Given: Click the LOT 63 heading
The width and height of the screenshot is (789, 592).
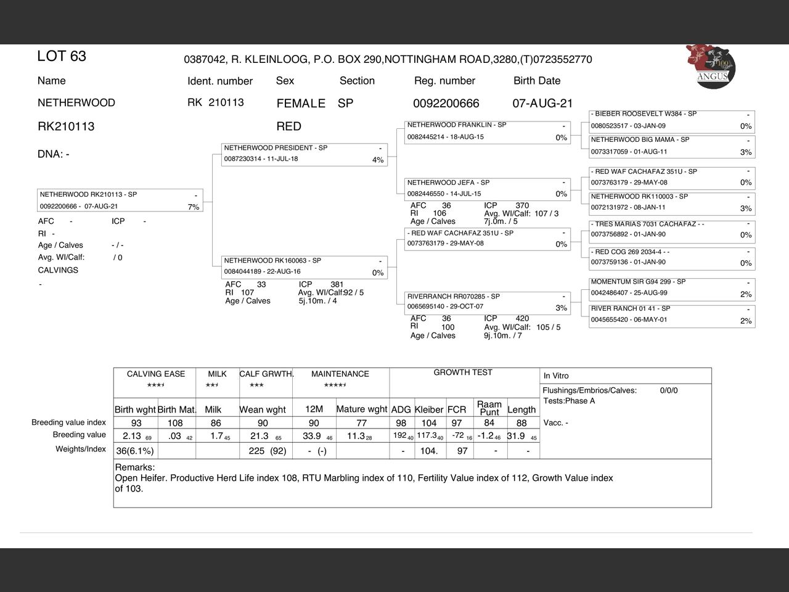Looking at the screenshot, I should [62, 56].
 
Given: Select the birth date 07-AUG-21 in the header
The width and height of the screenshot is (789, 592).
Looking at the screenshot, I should [542, 104].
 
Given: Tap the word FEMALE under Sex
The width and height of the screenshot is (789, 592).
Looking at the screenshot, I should [301, 104].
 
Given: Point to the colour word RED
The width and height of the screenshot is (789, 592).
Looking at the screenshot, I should [288, 126].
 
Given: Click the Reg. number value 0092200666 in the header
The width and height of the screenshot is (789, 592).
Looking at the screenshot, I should [446, 104].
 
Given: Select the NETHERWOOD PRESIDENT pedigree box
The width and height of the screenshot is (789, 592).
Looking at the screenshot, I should [305, 154].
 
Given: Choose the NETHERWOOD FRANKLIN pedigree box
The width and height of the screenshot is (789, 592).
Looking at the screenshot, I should [487, 131].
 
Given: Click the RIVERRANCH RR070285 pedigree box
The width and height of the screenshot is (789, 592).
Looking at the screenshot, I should [487, 302].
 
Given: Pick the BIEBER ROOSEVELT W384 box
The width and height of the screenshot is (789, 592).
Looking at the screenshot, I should [672, 120].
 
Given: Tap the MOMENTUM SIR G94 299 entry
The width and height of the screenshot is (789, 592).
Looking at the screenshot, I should [672, 287].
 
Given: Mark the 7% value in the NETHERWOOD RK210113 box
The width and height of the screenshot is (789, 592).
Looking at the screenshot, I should [194, 207].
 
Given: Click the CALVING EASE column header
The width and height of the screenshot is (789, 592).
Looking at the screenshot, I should [156, 374].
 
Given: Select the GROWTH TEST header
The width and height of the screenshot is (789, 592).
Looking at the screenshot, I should [463, 372].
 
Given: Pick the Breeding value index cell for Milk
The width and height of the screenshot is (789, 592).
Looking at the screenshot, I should [216, 423].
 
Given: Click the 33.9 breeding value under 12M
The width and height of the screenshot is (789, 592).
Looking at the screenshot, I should [312, 436].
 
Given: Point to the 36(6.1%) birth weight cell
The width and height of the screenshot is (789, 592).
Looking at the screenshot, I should [135, 451].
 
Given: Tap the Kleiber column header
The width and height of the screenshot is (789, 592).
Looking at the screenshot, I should [429, 409].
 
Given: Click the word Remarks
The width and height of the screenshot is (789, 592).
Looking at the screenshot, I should [135, 467].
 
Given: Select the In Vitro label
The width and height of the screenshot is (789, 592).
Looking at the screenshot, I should [556, 376].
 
